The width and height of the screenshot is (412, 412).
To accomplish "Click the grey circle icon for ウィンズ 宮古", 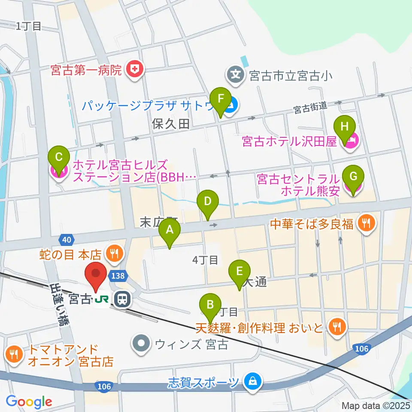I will coord(140,344).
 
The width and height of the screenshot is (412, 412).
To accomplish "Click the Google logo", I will coord(29,402).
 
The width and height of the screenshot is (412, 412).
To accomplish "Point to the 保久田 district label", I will coord(170,124).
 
